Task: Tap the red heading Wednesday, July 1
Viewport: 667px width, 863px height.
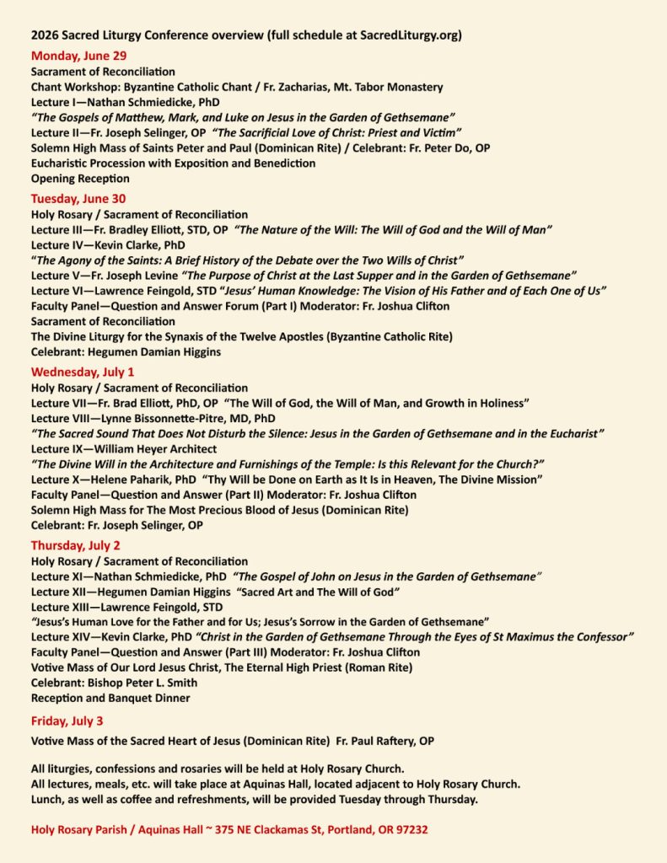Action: (x=83, y=371)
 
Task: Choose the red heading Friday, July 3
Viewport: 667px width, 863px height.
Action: (x=67, y=721)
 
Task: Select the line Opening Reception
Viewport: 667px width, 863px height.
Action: (x=80, y=179)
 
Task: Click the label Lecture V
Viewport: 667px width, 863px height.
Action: (x=56, y=276)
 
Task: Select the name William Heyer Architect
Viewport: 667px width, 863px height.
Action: (x=146, y=449)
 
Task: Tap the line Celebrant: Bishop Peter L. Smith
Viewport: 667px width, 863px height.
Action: (x=114, y=683)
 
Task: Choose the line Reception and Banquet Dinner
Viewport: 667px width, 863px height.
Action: (x=110, y=698)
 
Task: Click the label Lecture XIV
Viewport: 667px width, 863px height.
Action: (x=61, y=637)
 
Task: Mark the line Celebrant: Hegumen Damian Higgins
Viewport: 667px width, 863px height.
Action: (x=126, y=351)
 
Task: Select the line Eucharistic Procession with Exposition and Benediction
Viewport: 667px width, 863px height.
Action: (x=163, y=163)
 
